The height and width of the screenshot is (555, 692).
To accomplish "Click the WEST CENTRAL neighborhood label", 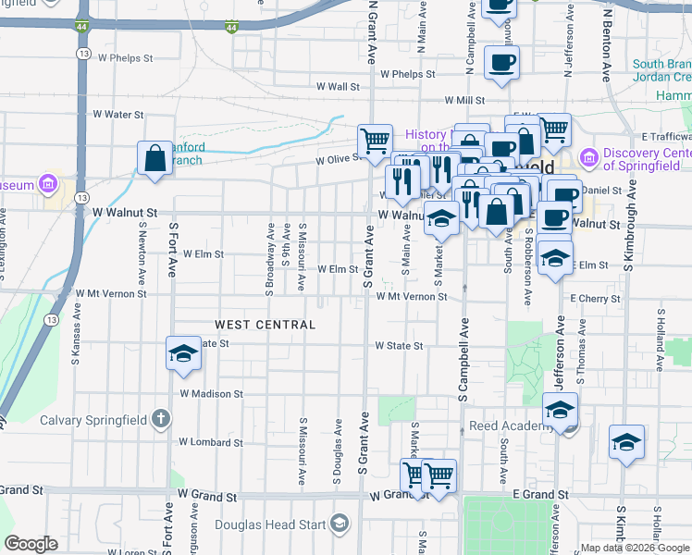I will [266, 325].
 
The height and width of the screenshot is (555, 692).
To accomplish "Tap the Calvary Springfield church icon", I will [160, 420].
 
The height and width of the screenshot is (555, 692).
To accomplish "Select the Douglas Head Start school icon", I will [340, 525].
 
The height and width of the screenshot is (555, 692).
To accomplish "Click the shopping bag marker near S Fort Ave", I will [154, 158].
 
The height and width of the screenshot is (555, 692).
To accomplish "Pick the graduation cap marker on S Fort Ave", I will [183, 353].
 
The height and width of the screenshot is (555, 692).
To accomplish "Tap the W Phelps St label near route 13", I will [124, 57].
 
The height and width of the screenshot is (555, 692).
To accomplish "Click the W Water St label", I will [117, 115].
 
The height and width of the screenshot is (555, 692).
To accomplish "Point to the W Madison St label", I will [211, 394].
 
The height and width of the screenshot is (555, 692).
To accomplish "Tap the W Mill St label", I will [464, 100].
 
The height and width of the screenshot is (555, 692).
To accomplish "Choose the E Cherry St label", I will [595, 299].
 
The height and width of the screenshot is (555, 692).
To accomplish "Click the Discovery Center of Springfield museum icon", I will [588, 160].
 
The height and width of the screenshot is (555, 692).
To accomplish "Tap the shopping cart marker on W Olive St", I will [375, 142].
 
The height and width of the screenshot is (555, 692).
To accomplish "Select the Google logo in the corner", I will [31, 544].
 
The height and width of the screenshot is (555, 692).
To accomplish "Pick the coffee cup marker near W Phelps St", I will [501, 63].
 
